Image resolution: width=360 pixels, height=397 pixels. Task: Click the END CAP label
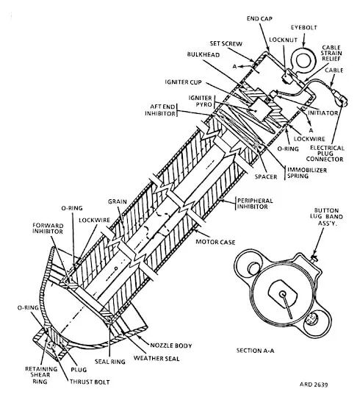[259, 18]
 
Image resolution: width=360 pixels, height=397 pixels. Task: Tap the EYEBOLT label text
[304, 28]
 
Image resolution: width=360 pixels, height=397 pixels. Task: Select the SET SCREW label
[226, 44]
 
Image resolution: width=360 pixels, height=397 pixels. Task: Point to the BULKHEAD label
[204, 54]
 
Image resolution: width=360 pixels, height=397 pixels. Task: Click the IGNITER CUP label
[184, 82]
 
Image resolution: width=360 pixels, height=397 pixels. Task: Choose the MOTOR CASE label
[215, 243]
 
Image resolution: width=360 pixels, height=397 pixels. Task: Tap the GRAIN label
[118, 201]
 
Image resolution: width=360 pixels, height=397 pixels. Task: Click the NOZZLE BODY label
[171, 346]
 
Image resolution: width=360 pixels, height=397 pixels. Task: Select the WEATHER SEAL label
[156, 359]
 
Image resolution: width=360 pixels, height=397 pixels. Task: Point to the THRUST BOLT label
[90, 382]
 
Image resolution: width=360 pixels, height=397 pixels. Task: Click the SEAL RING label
[110, 362]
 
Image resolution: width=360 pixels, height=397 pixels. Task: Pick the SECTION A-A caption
[255, 351]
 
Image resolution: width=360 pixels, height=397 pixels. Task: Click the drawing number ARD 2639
[314, 385]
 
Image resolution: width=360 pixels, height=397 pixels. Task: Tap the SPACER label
[266, 176]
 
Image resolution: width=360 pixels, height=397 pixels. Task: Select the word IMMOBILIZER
[307, 170]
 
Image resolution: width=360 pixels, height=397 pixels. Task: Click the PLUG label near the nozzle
[79, 370]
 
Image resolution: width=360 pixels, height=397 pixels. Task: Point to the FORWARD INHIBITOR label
[48, 229]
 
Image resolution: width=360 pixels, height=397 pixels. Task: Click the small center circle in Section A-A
[283, 293]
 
